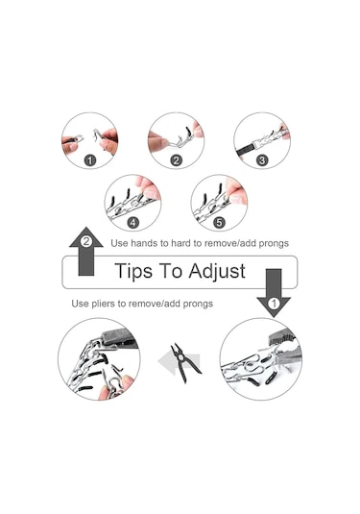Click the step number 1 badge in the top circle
(x=90, y=160)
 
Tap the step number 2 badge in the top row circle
(x=177, y=160)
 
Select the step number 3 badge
(x=262, y=160)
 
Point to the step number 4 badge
(x=132, y=223)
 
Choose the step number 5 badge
(x=219, y=223)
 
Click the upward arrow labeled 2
(x=86, y=251)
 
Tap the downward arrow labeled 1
(x=274, y=293)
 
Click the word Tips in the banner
(x=133, y=272)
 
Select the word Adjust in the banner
(x=217, y=272)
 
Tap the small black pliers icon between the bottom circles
(x=185, y=362)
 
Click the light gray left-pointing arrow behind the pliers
(x=179, y=361)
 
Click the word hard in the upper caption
(x=180, y=243)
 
